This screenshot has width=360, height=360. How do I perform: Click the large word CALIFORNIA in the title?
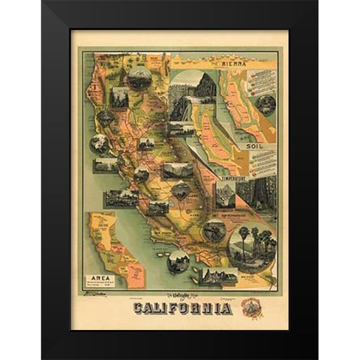click(x=182, y=308)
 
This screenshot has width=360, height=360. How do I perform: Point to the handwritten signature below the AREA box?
click(x=95, y=297)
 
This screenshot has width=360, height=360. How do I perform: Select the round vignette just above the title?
click(x=178, y=261)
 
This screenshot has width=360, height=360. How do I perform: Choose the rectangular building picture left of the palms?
click(x=219, y=276)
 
